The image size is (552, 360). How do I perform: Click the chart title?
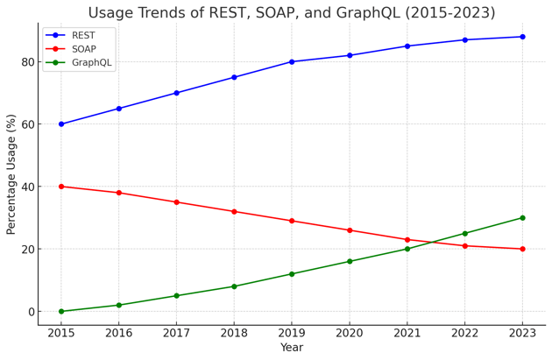290,13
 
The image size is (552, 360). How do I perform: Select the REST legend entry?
84,35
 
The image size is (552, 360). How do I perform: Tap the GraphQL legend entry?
92,63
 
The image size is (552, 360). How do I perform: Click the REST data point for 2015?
61,124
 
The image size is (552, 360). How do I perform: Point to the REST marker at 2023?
522,37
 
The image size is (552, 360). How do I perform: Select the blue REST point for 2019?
292,62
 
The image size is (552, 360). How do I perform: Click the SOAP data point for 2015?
61,187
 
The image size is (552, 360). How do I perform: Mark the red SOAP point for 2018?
234,211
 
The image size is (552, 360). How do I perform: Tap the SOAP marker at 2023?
522,249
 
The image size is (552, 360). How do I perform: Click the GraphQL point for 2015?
61,311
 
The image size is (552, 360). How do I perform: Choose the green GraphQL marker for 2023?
522,218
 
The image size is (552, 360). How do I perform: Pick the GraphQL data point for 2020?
350,261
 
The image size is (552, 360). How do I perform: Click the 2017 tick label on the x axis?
176,333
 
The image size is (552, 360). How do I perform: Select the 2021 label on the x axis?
407,333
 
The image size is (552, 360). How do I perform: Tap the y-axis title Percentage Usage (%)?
11,173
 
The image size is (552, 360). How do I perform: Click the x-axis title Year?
292,349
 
